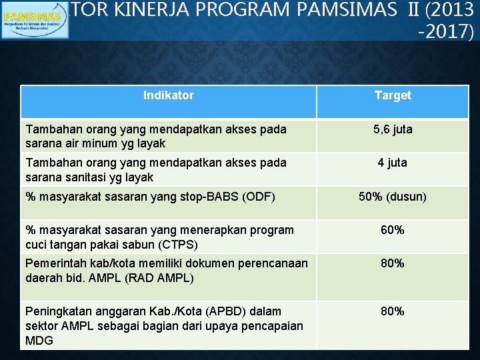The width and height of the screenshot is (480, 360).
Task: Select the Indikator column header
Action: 168,95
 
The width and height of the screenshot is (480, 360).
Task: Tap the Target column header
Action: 393,95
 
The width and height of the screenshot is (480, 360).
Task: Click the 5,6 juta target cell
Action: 393,129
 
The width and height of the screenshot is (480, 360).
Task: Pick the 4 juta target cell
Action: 393,163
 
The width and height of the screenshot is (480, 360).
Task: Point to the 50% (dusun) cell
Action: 393,197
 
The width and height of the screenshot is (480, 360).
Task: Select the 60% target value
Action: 393,230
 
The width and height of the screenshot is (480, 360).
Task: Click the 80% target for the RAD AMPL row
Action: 393,263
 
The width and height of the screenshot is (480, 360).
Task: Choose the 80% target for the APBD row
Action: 393,311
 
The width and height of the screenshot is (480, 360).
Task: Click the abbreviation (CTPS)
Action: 174,244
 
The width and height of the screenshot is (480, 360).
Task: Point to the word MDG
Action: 39,340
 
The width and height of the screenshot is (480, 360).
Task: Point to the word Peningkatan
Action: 56,311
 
